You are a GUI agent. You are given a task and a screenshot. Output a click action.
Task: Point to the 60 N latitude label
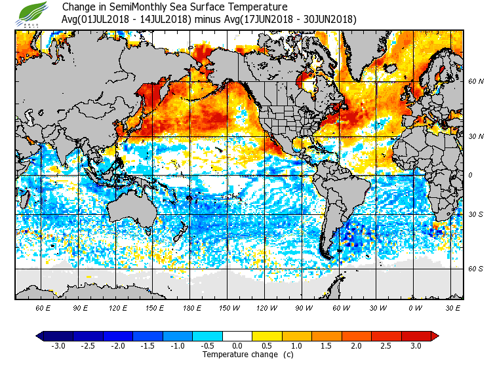(475, 82)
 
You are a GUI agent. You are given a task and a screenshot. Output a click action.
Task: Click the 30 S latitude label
(475, 214)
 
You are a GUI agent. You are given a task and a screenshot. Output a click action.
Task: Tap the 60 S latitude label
(475, 269)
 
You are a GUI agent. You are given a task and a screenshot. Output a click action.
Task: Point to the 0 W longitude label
(415, 307)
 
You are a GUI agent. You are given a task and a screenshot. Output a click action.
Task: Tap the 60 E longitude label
(43, 307)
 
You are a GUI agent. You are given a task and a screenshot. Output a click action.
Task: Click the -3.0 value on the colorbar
(58, 346)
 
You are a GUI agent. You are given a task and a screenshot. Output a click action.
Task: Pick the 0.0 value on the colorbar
(237, 346)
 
